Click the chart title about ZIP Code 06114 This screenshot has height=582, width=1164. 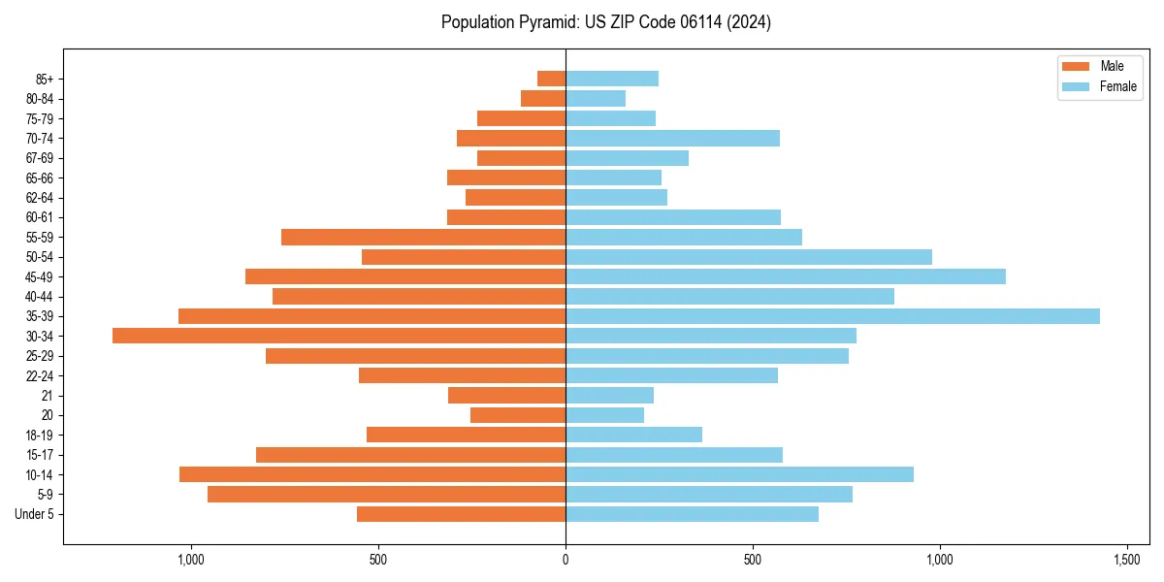tap(606, 22)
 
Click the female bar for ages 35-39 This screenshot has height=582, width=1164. tap(832, 316)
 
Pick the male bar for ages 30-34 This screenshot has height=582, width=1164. tap(339, 336)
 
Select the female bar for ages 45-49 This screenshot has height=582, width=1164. tap(786, 276)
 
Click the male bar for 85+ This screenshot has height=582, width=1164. tap(551, 79)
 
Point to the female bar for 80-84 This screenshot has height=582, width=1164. tap(596, 98)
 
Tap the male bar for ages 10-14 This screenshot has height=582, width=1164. tap(372, 474)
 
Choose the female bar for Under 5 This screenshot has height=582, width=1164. tap(692, 514)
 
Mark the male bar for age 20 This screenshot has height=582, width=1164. tap(518, 415)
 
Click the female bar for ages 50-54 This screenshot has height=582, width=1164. tap(749, 257)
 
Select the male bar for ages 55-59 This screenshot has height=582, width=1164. tap(423, 237)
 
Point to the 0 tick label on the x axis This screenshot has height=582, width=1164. tap(566, 561)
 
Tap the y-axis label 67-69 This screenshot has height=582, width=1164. tap(40, 158)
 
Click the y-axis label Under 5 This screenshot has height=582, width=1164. tap(34, 514)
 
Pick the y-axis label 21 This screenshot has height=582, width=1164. tap(47, 396)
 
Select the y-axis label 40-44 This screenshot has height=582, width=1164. tap(40, 297)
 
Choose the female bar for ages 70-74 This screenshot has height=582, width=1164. tap(672, 138)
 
